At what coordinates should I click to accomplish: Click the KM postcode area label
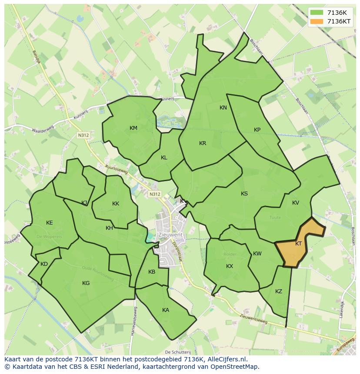click(x=133, y=128)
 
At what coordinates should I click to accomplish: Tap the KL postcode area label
click(x=164, y=158)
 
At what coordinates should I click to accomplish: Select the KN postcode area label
click(x=223, y=108)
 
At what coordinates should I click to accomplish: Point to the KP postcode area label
click(x=257, y=130)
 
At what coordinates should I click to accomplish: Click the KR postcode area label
click(x=203, y=143)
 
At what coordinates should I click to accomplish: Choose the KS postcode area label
click(x=244, y=194)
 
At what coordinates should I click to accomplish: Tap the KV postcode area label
click(x=296, y=203)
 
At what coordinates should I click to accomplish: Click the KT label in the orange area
click(x=299, y=244)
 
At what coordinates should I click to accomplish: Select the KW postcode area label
click(x=257, y=254)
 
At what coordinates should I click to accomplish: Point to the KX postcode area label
click(x=230, y=266)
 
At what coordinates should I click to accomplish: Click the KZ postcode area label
click(x=279, y=291)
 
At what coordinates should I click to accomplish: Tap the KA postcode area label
click(x=166, y=310)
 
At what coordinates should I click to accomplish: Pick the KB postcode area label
click(x=152, y=272)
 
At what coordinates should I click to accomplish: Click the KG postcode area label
click(x=86, y=283)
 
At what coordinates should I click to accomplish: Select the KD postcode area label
click(x=44, y=264)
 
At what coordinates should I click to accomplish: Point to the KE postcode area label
click(x=50, y=223)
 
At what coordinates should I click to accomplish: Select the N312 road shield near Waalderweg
click(x=83, y=136)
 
